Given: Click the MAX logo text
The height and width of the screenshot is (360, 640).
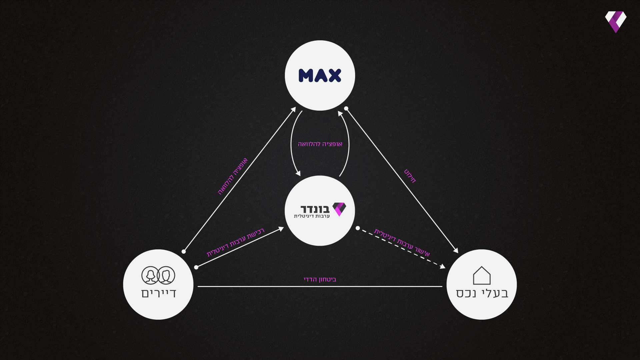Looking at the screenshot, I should tap(320, 76).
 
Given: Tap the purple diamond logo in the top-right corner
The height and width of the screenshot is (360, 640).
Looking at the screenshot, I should tap(615, 22).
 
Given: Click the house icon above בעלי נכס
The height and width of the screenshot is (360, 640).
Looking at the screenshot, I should tap(482, 275).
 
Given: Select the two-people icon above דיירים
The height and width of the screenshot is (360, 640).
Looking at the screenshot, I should tap(158, 275).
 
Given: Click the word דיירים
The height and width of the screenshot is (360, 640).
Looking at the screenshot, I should tap(159, 293).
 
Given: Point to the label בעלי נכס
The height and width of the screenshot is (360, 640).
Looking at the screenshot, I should tap(482, 293).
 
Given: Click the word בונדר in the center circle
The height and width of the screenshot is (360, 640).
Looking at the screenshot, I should tap(315, 209).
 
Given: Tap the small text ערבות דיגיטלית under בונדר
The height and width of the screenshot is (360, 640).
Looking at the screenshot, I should tap(312, 216).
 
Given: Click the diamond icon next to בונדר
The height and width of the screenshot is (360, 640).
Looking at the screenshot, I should tap(339, 209).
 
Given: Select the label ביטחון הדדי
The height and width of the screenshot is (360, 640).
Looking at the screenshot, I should tap(320, 279).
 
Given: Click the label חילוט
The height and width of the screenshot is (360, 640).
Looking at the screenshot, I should tap(410, 176).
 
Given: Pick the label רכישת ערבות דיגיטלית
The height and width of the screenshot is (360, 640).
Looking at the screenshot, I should tap(235, 242).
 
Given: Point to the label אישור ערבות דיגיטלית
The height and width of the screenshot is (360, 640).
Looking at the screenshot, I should tap(402, 242).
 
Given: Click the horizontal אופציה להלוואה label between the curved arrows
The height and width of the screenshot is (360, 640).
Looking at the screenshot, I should tap(320, 144).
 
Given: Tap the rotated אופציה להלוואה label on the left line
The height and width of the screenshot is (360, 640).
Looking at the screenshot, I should tap(233, 176).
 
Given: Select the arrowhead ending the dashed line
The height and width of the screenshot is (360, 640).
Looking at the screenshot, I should tap(443, 266).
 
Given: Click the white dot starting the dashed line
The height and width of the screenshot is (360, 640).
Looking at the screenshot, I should tap(358, 228).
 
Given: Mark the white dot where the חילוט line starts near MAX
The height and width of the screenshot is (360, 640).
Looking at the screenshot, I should tap(346, 108).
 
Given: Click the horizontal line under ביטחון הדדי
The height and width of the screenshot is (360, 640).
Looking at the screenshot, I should tap(320, 286).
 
